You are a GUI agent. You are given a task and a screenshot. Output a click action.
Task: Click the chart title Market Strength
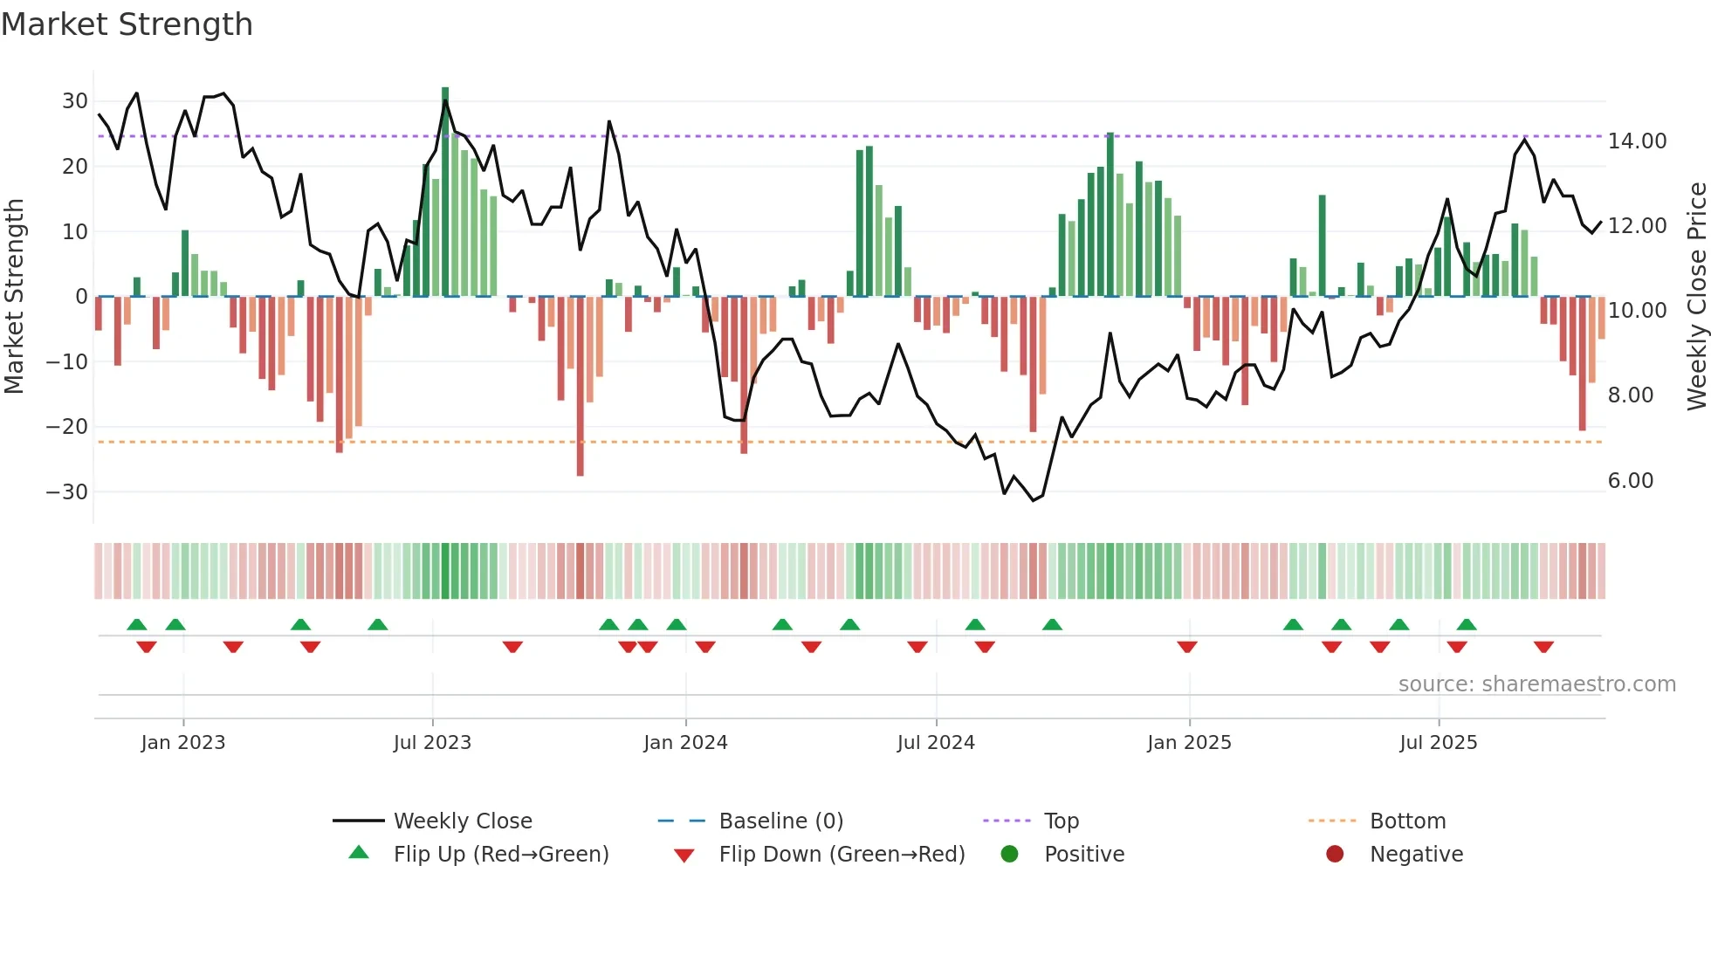[127, 24]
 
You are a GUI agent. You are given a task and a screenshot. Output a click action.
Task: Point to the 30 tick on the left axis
[74, 101]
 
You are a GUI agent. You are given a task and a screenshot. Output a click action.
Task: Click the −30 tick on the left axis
[67, 491]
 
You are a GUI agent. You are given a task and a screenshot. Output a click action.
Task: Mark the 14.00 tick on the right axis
[1637, 141]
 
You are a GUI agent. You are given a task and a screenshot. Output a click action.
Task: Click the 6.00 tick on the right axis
[1630, 481]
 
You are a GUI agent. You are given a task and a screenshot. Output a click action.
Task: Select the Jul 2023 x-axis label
[432, 743]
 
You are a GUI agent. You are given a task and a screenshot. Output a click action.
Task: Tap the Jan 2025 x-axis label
[1189, 743]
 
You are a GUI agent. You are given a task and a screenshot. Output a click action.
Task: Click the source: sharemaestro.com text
[1536, 684]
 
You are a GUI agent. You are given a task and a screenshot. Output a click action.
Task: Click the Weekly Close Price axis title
[1696, 296]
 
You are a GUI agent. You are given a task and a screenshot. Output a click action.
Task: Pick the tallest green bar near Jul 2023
[445, 192]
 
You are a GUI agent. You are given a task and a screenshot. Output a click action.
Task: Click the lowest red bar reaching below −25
[580, 387]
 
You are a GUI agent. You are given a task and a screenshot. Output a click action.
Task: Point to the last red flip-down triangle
[1543, 647]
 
